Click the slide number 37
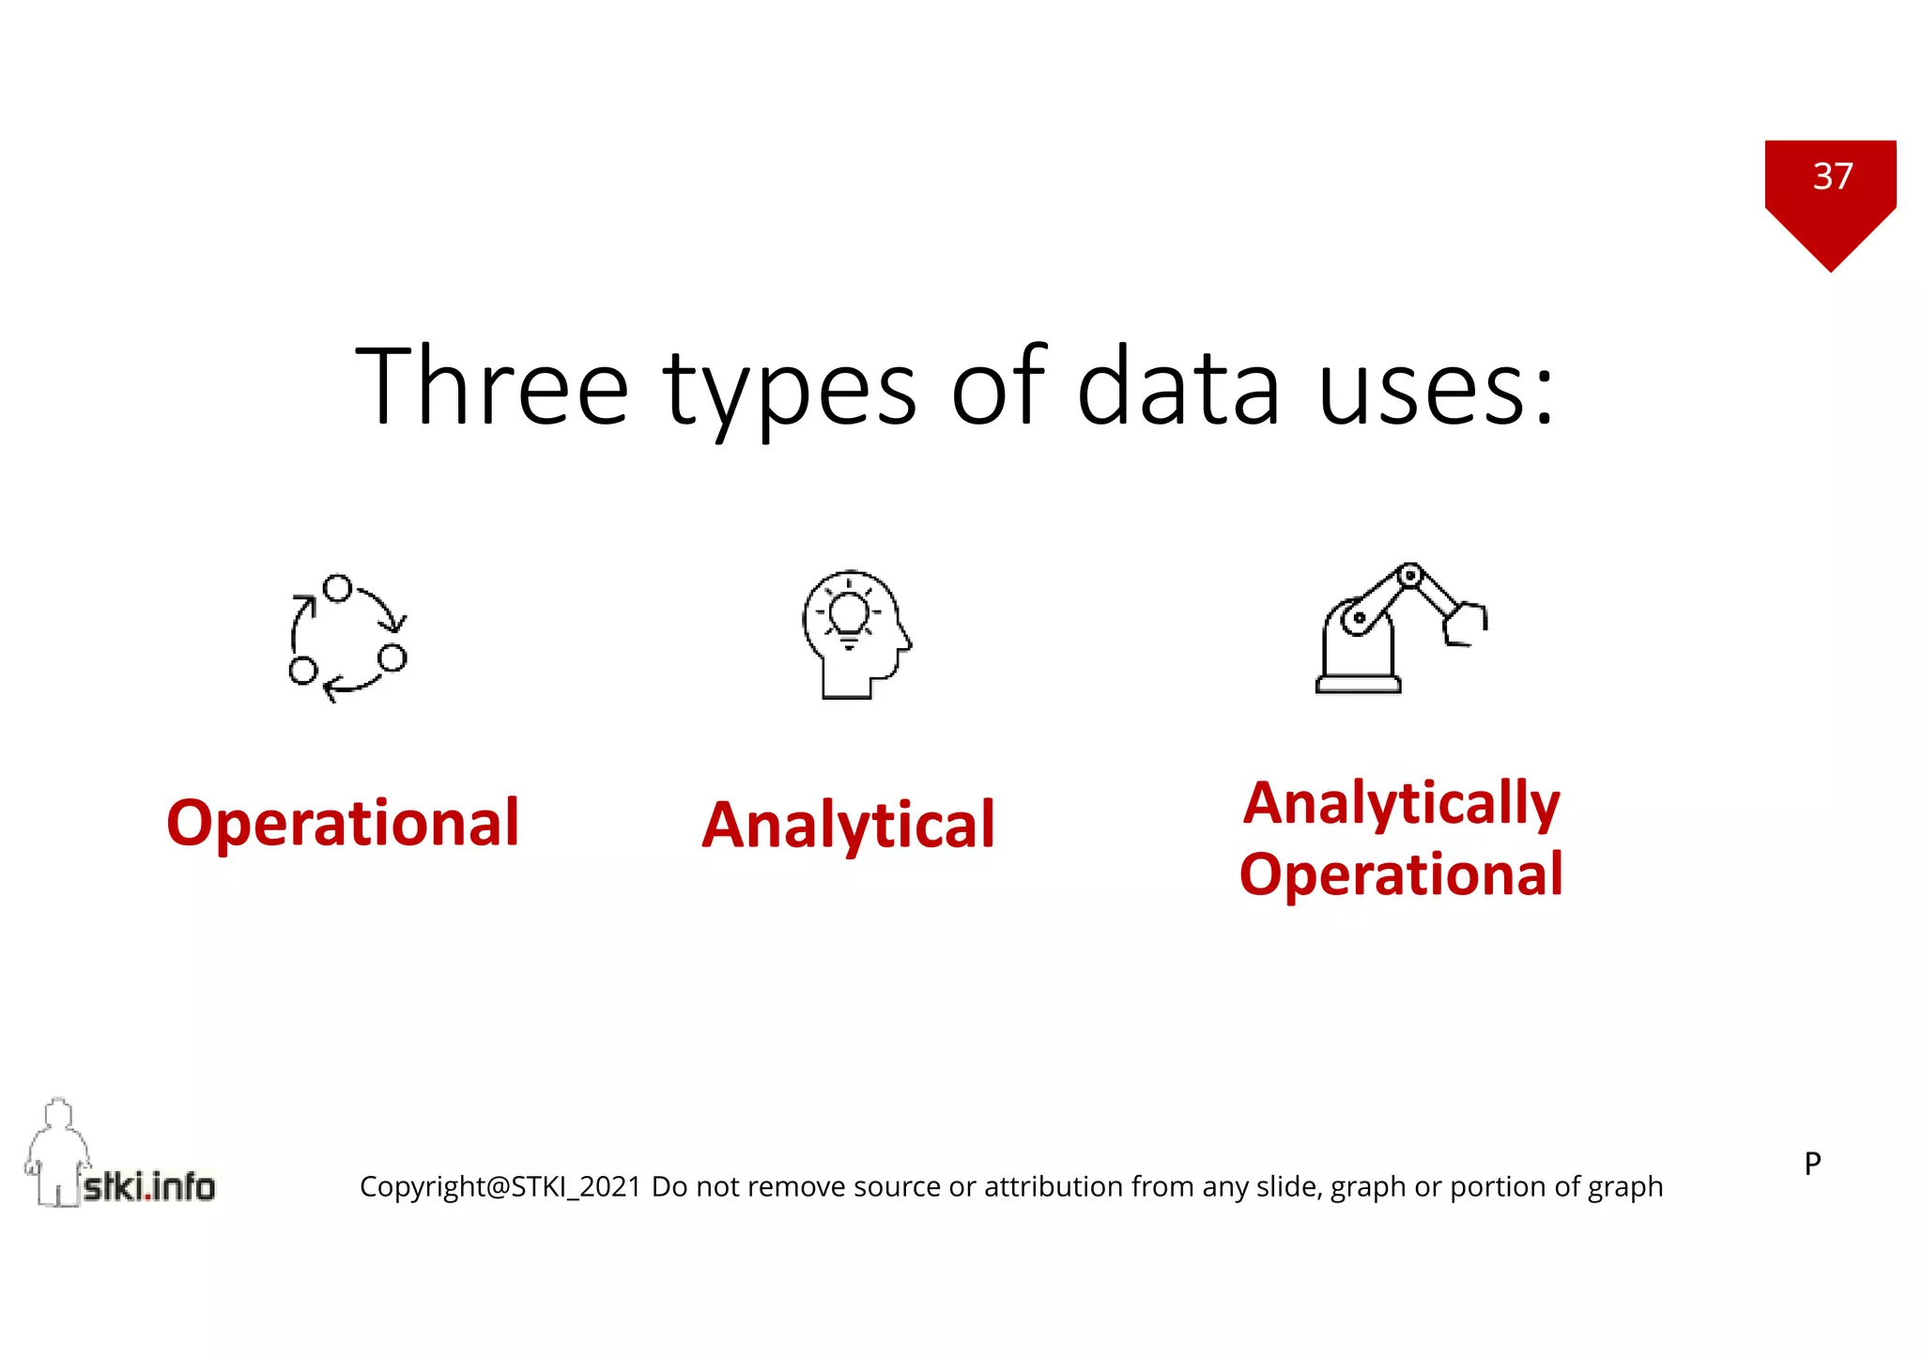(x=1833, y=177)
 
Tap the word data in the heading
(x=1178, y=387)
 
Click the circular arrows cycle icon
(x=347, y=638)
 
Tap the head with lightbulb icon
(x=855, y=634)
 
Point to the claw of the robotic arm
(x=1466, y=623)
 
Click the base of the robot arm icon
(x=1358, y=683)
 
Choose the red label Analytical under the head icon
(x=848, y=825)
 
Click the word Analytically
(x=1401, y=803)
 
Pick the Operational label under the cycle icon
(x=343, y=823)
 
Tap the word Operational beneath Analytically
(x=1401, y=874)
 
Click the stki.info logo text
(x=149, y=1187)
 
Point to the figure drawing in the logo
(x=56, y=1151)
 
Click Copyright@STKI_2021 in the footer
(x=500, y=1187)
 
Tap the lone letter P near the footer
(x=1812, y=1164)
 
